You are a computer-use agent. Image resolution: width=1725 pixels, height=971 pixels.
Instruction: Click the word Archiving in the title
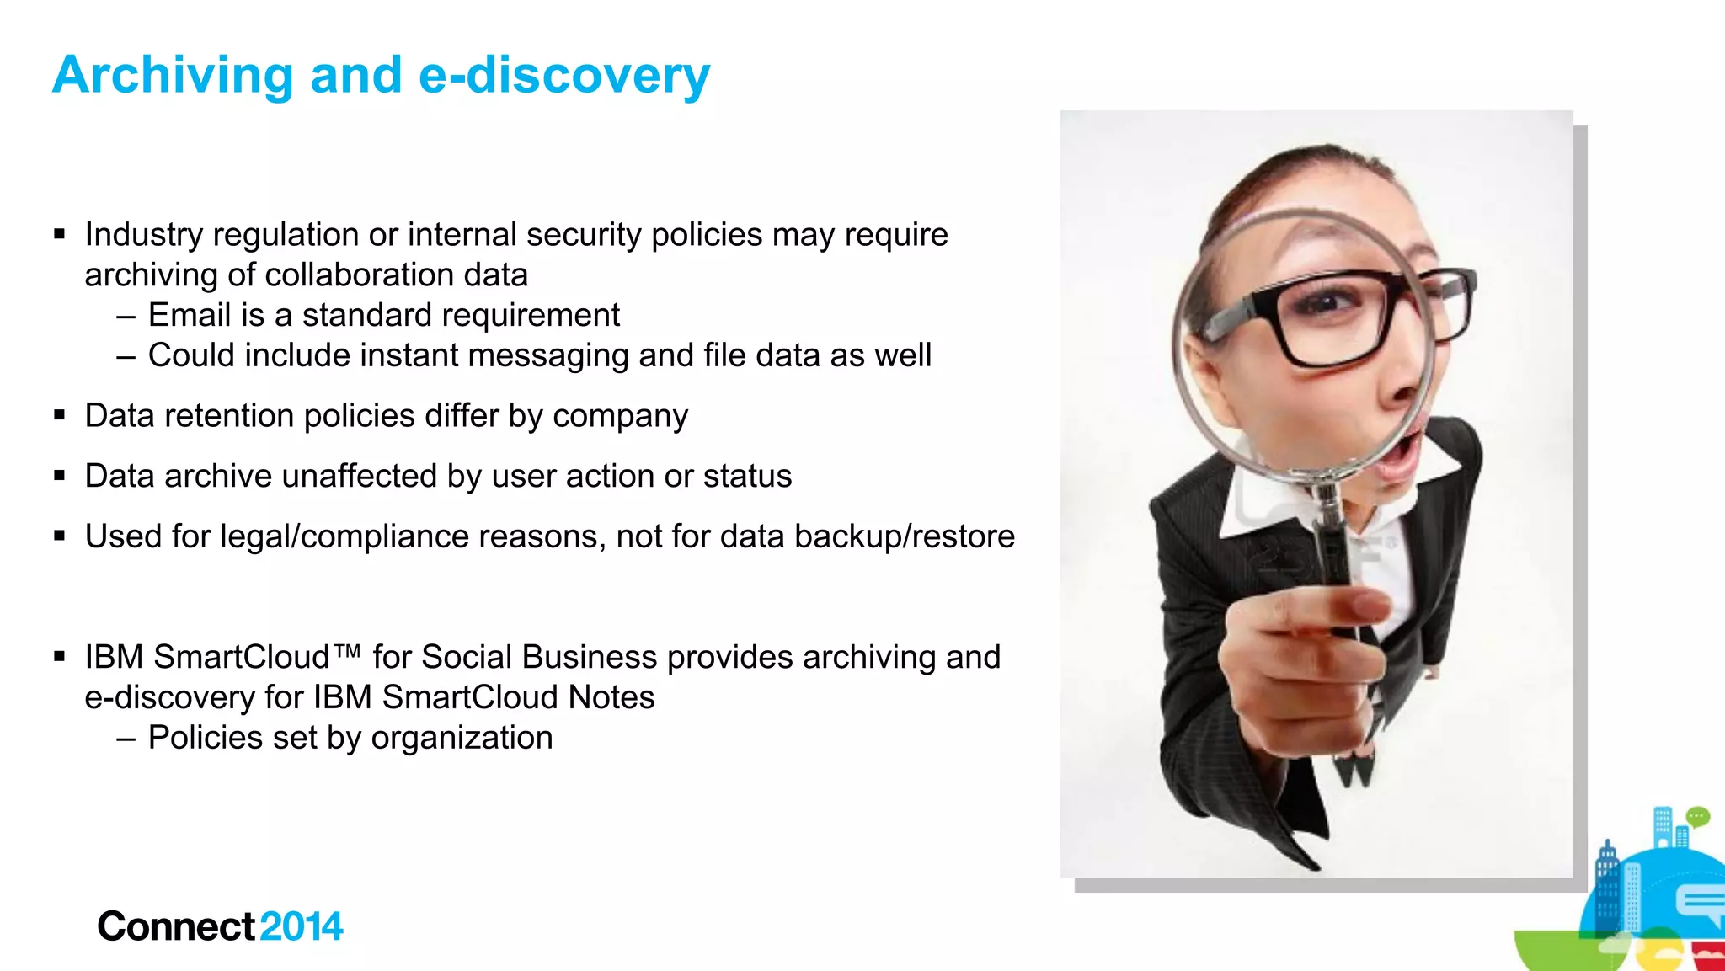(173, 76)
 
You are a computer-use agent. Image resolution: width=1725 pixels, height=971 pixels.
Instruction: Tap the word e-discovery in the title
(564, 76)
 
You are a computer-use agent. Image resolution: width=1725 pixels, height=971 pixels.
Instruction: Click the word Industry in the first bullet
(143, 235)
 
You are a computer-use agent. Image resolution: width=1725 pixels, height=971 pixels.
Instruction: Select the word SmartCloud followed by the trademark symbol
(243, 658)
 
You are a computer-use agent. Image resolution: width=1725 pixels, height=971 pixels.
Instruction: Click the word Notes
(611, 698)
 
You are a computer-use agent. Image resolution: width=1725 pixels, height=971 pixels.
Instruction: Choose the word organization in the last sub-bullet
(462, 739)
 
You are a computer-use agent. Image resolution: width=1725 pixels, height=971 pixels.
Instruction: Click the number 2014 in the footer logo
(302, 926)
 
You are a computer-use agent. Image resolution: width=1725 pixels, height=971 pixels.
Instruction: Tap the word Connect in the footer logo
(175, 926)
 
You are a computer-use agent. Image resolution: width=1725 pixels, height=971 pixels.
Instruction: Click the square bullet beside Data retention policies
(59, 415)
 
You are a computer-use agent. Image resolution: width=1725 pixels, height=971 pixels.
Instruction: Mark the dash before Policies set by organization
(126, 739)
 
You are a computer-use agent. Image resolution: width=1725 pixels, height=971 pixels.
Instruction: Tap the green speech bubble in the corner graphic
(1698, 816)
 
